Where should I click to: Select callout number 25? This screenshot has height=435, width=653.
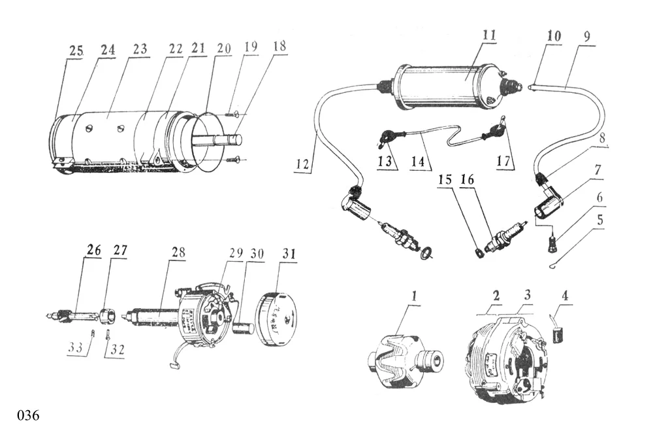click(75, 50)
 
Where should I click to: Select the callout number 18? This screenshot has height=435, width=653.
click(279, 46)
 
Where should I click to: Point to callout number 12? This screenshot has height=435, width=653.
click(303, 165)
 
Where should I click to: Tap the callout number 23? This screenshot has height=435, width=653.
click(140, 49)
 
